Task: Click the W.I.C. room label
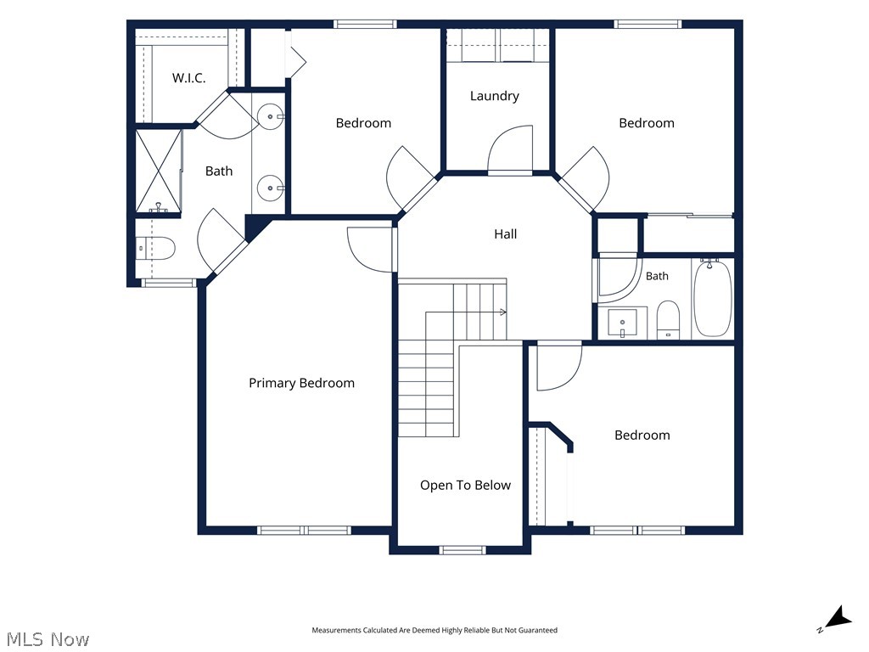click(188, 77)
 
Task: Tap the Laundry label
click(495, 96)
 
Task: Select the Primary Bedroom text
click(301, 383)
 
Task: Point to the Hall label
click(506, 234)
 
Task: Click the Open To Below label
click(465, 485)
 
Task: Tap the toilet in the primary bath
click(156, 249)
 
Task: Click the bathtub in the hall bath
click(713, 298)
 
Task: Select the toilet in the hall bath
click(668, 319)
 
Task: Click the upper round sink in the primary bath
click(271, 117)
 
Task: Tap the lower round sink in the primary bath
click(271, 188)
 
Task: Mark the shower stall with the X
click(159, 171)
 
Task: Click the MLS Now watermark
click(48, 639)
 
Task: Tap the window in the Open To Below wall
click(463, 550)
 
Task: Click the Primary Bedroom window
click(304, 531)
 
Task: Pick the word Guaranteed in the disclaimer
click(537, 631)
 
